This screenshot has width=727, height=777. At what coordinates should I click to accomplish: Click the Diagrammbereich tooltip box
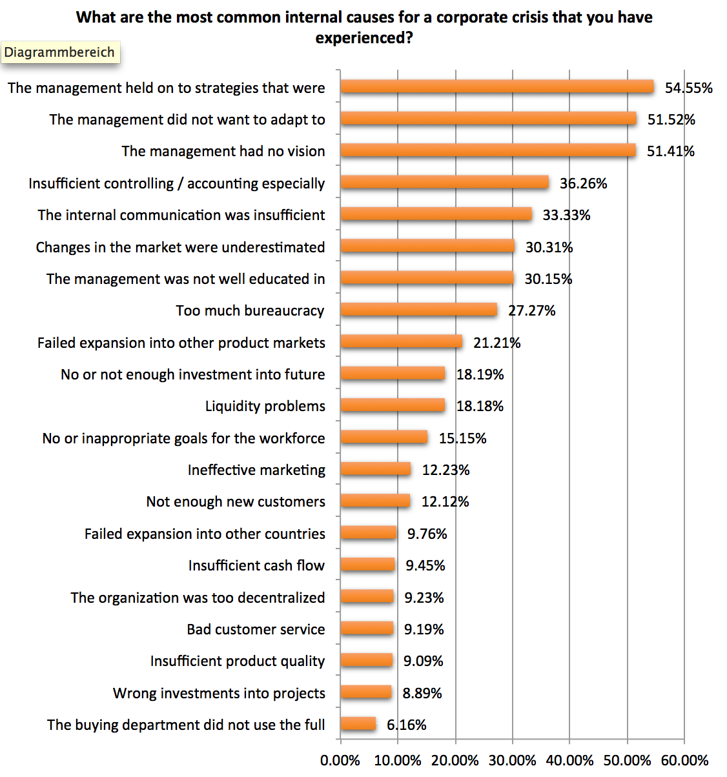point(59,52)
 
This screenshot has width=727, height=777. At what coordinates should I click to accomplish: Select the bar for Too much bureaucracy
point(418,310)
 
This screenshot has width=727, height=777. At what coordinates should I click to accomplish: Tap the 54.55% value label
point(688,88)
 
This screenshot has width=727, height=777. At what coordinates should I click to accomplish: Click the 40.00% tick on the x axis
point(569,760)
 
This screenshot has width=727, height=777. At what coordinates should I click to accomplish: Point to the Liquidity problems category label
point(265,406)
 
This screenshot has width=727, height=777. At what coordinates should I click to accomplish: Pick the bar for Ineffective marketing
point(375,469)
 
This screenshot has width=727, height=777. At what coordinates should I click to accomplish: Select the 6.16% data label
point(406,725)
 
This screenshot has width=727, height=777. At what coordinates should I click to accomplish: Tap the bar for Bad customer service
point(366,629)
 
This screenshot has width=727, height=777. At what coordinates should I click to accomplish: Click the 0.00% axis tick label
point(340,760)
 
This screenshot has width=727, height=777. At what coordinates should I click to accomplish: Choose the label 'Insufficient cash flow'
point(256,565)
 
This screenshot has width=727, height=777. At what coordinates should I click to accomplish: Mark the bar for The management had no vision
point(488,151)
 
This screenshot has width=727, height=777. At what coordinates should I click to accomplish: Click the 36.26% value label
point(583,183)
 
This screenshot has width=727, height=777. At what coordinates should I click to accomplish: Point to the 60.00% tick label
point(684,760)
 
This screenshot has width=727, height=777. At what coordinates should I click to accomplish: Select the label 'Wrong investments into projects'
point(219,693)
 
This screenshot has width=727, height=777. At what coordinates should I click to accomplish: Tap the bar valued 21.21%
point(401,342)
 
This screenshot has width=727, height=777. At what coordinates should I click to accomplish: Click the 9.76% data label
point(427,534)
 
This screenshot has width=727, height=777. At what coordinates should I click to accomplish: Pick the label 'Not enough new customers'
point(236,501)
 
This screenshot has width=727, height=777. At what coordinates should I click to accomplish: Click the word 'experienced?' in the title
point(364,38)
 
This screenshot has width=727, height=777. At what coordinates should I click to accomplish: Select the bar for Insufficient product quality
point(366,660)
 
